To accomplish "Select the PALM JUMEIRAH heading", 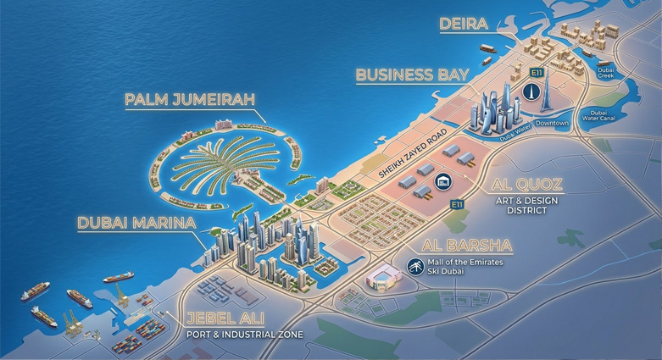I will pos(190,100).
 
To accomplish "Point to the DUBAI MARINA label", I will pos(136,224).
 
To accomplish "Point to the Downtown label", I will pos(552,124).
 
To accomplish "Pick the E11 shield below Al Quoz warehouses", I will pos(457,204).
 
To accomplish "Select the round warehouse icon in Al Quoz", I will pos(442,181).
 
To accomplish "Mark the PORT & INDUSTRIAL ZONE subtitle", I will pos(245,334).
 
